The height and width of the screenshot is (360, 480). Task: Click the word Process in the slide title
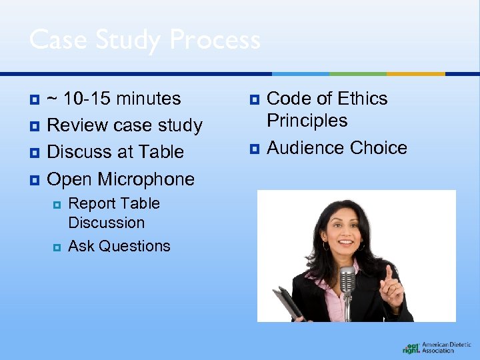pyautogui.click(x=215, y=40)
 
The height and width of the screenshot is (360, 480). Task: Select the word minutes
pyautogui.click(x=148, y=99)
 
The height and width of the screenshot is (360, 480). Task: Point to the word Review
pyautogui.click(x=77, y=125)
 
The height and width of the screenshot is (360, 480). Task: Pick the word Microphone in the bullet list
pyautogui.click(x=146, y=179)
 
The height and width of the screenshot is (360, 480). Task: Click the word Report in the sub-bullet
pyautogui.click(x=92, y=203)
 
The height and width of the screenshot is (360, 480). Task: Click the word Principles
pyautogui.click(x=307, y=121)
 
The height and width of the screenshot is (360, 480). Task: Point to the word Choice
pyautogui.click(x=378, y=147)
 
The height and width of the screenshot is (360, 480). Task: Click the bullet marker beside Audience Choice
pyautogui.click(x=253, y=148)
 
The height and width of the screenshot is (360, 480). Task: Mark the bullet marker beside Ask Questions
pyautogui.click(x=57, y=247)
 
